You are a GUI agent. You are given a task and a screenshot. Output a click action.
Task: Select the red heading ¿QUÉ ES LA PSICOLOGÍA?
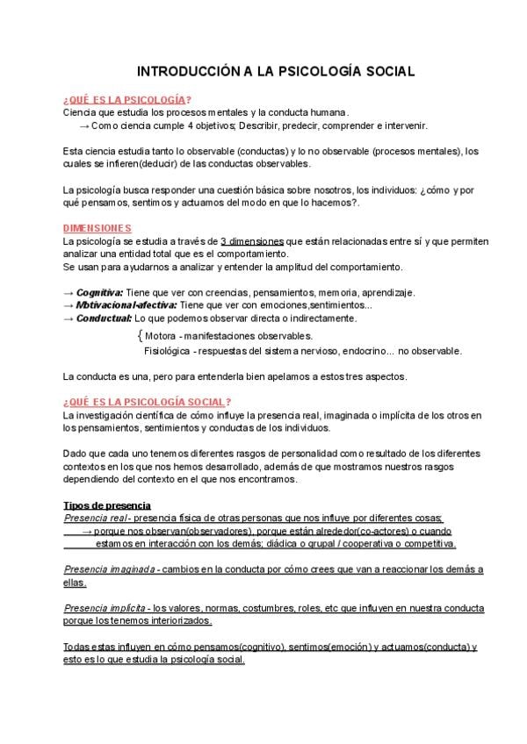[x=128, y=99]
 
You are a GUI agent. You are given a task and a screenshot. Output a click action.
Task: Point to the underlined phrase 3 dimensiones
[x=252, y=240]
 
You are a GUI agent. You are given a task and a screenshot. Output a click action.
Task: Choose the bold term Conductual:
[x=104, y=318]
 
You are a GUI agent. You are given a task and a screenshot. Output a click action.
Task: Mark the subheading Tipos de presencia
[x=108, y=505]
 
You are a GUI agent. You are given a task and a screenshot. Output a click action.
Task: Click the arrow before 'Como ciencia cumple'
[x=84, y=125]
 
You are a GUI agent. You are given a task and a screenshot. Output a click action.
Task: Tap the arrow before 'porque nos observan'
[x=88, y=532]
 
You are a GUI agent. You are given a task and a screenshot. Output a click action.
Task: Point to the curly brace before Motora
[x=141, y=336]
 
